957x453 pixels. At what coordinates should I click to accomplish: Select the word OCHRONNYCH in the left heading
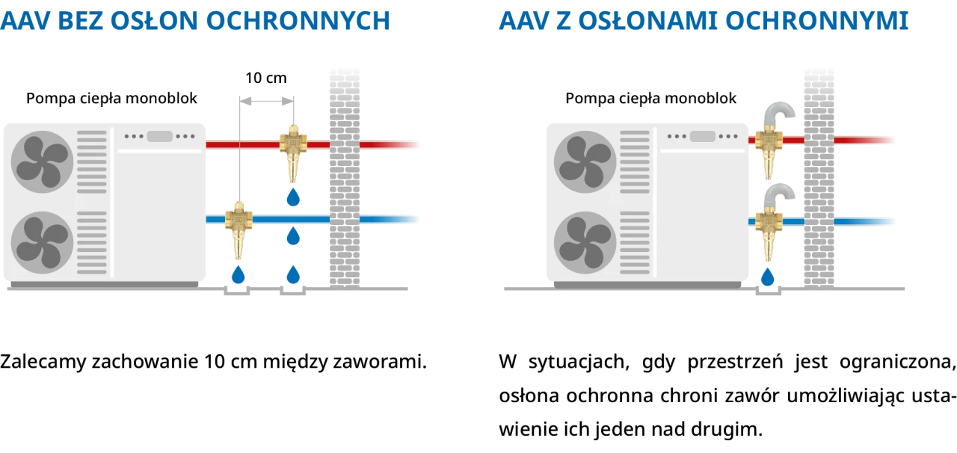tap(298, 20)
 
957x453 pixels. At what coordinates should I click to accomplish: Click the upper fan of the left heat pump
tap(43, 161)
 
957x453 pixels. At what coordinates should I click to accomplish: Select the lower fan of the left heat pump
tap(43, 242)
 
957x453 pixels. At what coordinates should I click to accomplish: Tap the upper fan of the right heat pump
tap(585, 161)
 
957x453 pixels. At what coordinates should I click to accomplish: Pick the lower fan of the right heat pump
tap(585, 242)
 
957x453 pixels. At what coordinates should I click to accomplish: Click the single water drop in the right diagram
tap(768, 276)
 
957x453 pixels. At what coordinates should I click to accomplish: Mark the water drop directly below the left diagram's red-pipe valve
tap(294, 198)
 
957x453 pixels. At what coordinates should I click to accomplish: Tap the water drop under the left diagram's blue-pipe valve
tap(238, 274)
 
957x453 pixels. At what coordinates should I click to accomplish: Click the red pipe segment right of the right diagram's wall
tap(865, 140)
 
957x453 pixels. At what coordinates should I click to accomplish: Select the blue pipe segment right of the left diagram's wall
tap(390, 220)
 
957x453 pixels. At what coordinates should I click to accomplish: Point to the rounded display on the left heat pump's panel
tap(159, 136)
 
